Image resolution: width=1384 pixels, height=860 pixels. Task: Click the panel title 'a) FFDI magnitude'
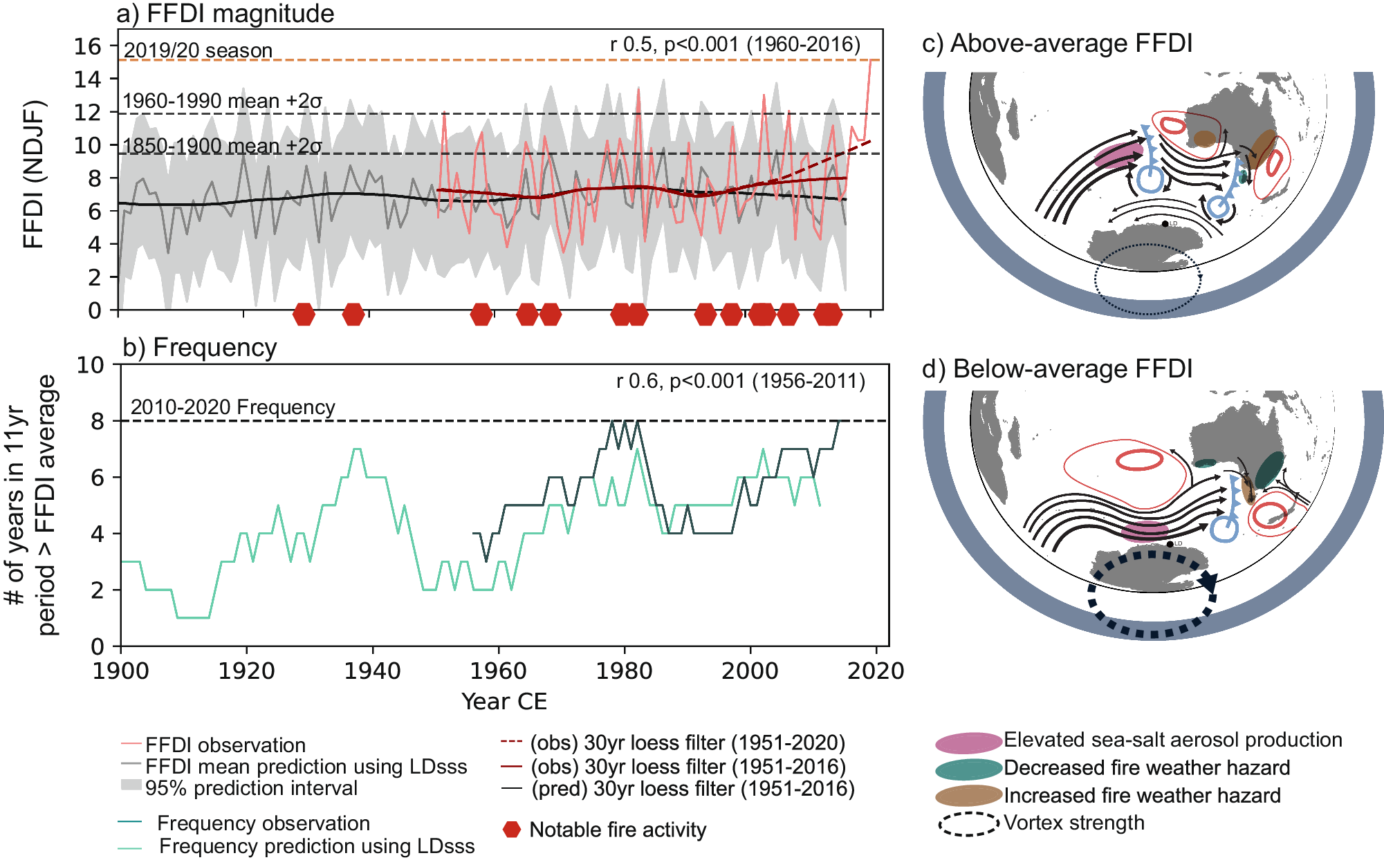click(225, 14)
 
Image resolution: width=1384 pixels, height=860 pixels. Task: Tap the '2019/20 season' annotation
click(198, 50)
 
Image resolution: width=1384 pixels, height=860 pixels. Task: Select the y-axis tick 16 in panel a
click(88, 46)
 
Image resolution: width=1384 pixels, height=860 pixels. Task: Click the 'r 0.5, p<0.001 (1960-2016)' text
click(735, 44)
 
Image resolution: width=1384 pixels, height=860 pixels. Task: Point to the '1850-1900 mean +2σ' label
click(222, 146)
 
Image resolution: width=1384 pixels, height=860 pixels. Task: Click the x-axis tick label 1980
click(624, 671)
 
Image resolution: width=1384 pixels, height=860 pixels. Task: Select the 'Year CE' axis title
click(504, 701)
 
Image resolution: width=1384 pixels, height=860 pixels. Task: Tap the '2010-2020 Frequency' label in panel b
click(232, 406)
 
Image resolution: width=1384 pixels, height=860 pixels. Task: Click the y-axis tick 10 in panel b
click(90, 365)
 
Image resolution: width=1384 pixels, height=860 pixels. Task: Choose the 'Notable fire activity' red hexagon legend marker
click(512, 830)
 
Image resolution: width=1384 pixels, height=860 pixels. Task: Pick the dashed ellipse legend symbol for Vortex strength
click(968, 824)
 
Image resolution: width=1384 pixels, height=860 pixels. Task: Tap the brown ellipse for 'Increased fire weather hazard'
click(968, 796)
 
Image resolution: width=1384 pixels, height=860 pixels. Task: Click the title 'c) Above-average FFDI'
click(1058, 43)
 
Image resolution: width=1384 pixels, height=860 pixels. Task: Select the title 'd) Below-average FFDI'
click(1058, 368)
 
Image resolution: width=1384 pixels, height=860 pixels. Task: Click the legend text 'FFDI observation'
click(225, 745)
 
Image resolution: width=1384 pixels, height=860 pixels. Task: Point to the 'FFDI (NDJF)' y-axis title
click(34, 174)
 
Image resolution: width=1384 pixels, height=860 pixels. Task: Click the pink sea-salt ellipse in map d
click(1145, 531)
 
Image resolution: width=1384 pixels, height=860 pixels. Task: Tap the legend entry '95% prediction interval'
click(251, 788)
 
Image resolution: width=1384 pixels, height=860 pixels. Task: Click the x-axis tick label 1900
click(121, 671)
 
